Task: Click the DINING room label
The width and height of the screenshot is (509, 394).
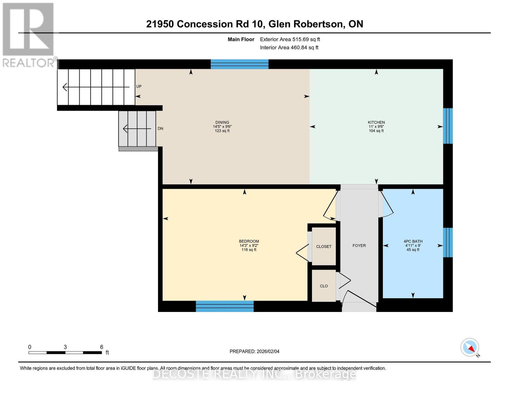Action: [222, 122]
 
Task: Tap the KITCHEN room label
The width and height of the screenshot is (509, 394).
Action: [376, 122]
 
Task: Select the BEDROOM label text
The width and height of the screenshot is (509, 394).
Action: [249, 241]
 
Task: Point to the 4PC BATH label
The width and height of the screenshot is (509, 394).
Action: [413, 241]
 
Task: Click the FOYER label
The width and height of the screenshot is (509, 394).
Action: [359, 246]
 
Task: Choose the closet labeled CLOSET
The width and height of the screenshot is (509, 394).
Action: [323, 247]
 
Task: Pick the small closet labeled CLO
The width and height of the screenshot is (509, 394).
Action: [323, 286]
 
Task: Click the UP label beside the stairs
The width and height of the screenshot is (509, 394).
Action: [139, 86]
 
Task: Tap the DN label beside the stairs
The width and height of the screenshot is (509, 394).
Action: [160, 129]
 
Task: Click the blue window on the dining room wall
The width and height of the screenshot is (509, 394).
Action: [239, 64]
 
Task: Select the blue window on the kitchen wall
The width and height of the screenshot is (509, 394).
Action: [448, 126]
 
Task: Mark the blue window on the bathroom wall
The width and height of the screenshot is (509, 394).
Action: [448, 243]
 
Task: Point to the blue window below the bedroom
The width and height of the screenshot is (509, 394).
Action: [225, 306]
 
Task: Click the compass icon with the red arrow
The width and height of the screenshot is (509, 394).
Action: [470, 347]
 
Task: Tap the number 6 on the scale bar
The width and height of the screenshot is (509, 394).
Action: [102, 347]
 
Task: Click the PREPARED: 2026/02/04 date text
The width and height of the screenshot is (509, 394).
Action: [254, 351]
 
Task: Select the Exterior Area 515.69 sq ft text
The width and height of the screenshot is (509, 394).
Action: [290, 39]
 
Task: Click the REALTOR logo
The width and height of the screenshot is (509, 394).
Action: [29, 34]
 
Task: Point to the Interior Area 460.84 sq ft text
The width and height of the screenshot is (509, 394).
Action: [289, 48]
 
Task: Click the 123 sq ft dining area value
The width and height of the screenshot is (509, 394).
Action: [222, 131]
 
